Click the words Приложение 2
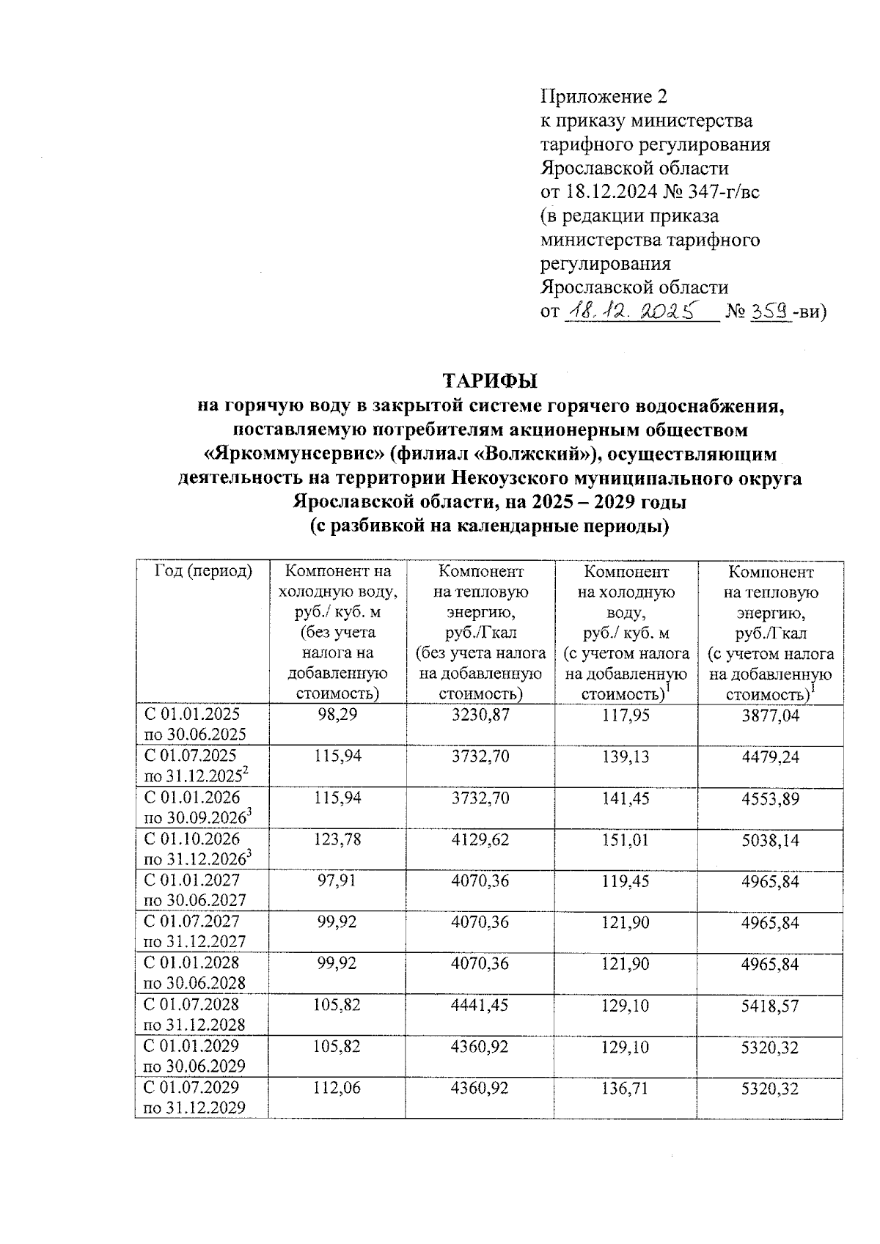(x=604, y=97)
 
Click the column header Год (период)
(x=202, y=572)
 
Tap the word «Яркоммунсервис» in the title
(x=293, y=454)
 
